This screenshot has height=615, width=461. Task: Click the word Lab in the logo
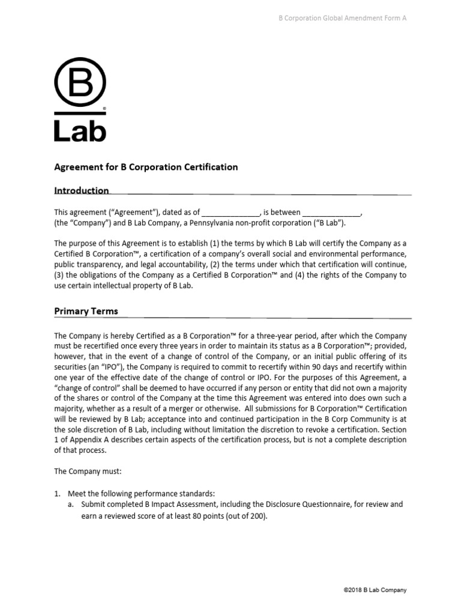pyautogui.click(x=80, y=131)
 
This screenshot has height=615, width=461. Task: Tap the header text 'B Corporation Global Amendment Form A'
pyautogui.click(x=342, y=18)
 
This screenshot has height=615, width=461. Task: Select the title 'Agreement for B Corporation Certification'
pyautogui.click(x=146, y=167)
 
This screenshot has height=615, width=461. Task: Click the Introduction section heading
pyautogui.click(x=82, y=191)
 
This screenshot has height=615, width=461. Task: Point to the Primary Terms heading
pyautogui.click(x=86, y=311)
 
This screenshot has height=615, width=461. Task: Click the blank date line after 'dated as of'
pyautogui.click(x=230, y=213)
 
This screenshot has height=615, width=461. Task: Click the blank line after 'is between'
pyautogui.click(x=331, y=213)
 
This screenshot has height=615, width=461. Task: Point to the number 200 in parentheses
pyautogui.click(x=255, y=515)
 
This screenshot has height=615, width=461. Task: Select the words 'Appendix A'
pyautogui.click(x=83, y=440)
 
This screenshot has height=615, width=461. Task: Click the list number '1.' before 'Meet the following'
pyautogui.click(x=58, y=493)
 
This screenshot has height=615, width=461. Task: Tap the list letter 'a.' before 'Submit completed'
pyautogui.click(x=71, y=504)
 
